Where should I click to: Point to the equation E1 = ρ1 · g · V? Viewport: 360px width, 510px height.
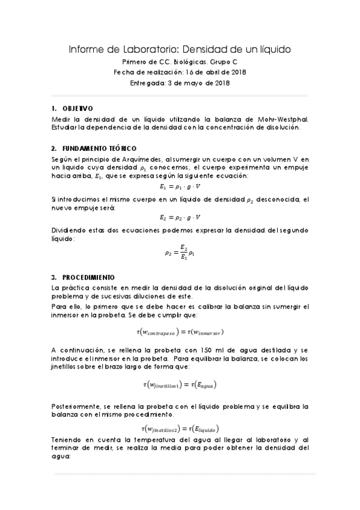tap(180, 186)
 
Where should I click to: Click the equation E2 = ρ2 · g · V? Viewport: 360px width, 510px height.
tap(180, 217)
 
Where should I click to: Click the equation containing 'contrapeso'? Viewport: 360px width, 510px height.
tap(180, 331)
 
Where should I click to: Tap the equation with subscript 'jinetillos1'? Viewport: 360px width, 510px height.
tap(180, 384)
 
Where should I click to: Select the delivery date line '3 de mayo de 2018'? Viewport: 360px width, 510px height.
tap(180, 83)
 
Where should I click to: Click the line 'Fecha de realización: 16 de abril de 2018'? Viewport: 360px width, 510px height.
tap(180, 72)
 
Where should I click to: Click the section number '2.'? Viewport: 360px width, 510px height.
tap(55, 148)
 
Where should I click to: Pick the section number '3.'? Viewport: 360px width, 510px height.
tap(55, 278)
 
